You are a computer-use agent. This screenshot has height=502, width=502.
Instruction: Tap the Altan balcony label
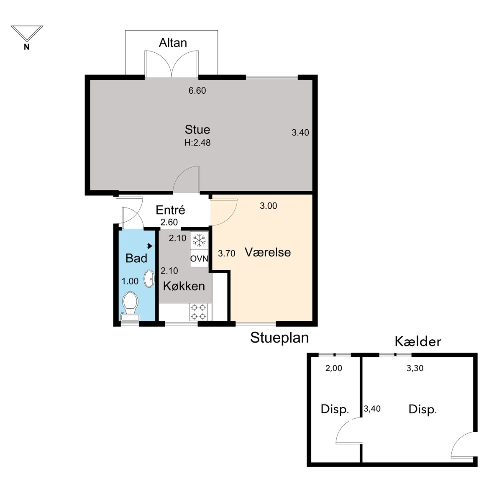(173, 43)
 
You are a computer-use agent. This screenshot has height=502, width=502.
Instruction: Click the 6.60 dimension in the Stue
(197, 90)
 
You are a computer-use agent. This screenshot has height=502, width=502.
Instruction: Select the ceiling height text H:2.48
(197, 143)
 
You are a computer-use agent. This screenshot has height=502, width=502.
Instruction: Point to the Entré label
(170, 210)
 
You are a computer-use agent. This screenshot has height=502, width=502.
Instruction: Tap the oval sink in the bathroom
(149, 279)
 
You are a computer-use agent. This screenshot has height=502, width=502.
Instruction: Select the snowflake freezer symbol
(199, 240)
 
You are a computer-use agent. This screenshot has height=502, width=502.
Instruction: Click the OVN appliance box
(199, 259)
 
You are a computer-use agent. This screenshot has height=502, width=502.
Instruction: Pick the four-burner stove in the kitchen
(199, 312)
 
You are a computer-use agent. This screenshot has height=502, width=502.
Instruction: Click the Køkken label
(184, 286)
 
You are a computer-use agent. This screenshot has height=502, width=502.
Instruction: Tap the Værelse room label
(268, 252)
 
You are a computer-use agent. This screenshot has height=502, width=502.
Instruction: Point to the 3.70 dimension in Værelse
(227, 253)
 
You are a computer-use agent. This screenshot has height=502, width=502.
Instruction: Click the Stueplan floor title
(279, 338)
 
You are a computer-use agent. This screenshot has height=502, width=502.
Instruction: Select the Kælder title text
(418, 341)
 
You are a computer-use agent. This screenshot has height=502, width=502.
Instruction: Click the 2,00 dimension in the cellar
(334, 369)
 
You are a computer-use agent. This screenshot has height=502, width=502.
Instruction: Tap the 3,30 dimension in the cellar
(415, 369)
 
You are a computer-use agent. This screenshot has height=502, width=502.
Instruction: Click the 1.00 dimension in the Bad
(130, 281)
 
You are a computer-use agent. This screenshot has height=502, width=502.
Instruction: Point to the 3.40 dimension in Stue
(300, 133)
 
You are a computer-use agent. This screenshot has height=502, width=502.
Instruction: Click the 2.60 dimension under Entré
(169, 222)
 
